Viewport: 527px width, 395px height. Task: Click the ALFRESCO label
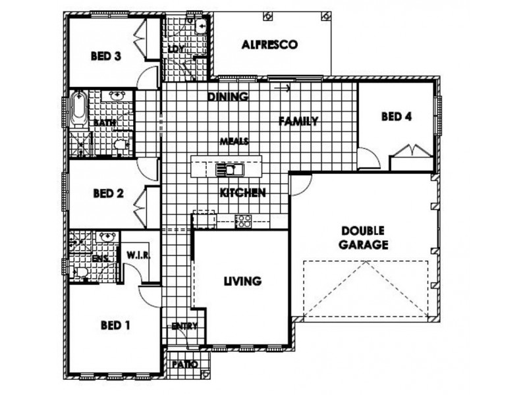tap(269, 44)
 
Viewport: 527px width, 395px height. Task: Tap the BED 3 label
tap(106, 56)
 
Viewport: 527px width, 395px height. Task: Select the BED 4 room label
tap(397, 117)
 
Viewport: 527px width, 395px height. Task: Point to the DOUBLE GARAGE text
tap(363, 238)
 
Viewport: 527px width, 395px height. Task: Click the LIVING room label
tap(242, 281)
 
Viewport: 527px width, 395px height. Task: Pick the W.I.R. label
tap(138, 255)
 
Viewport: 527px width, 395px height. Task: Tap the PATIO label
tap(185, 364)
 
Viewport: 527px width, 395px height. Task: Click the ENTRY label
tap(184, 326)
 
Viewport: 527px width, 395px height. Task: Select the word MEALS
tap(235, 142)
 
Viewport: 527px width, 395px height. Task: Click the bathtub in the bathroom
tap(79, 108)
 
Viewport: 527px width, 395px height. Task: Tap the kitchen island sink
tap(229, 170)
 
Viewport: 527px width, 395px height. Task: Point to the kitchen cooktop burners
tap(243, 221)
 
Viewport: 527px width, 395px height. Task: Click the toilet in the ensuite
tap(80, 272)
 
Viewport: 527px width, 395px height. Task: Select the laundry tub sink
tap(201, 26)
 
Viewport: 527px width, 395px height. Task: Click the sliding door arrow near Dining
tap(283, 88)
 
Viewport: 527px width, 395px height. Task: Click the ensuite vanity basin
tap(107, 236)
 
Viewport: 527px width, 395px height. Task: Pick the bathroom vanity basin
tap(117, 95)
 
